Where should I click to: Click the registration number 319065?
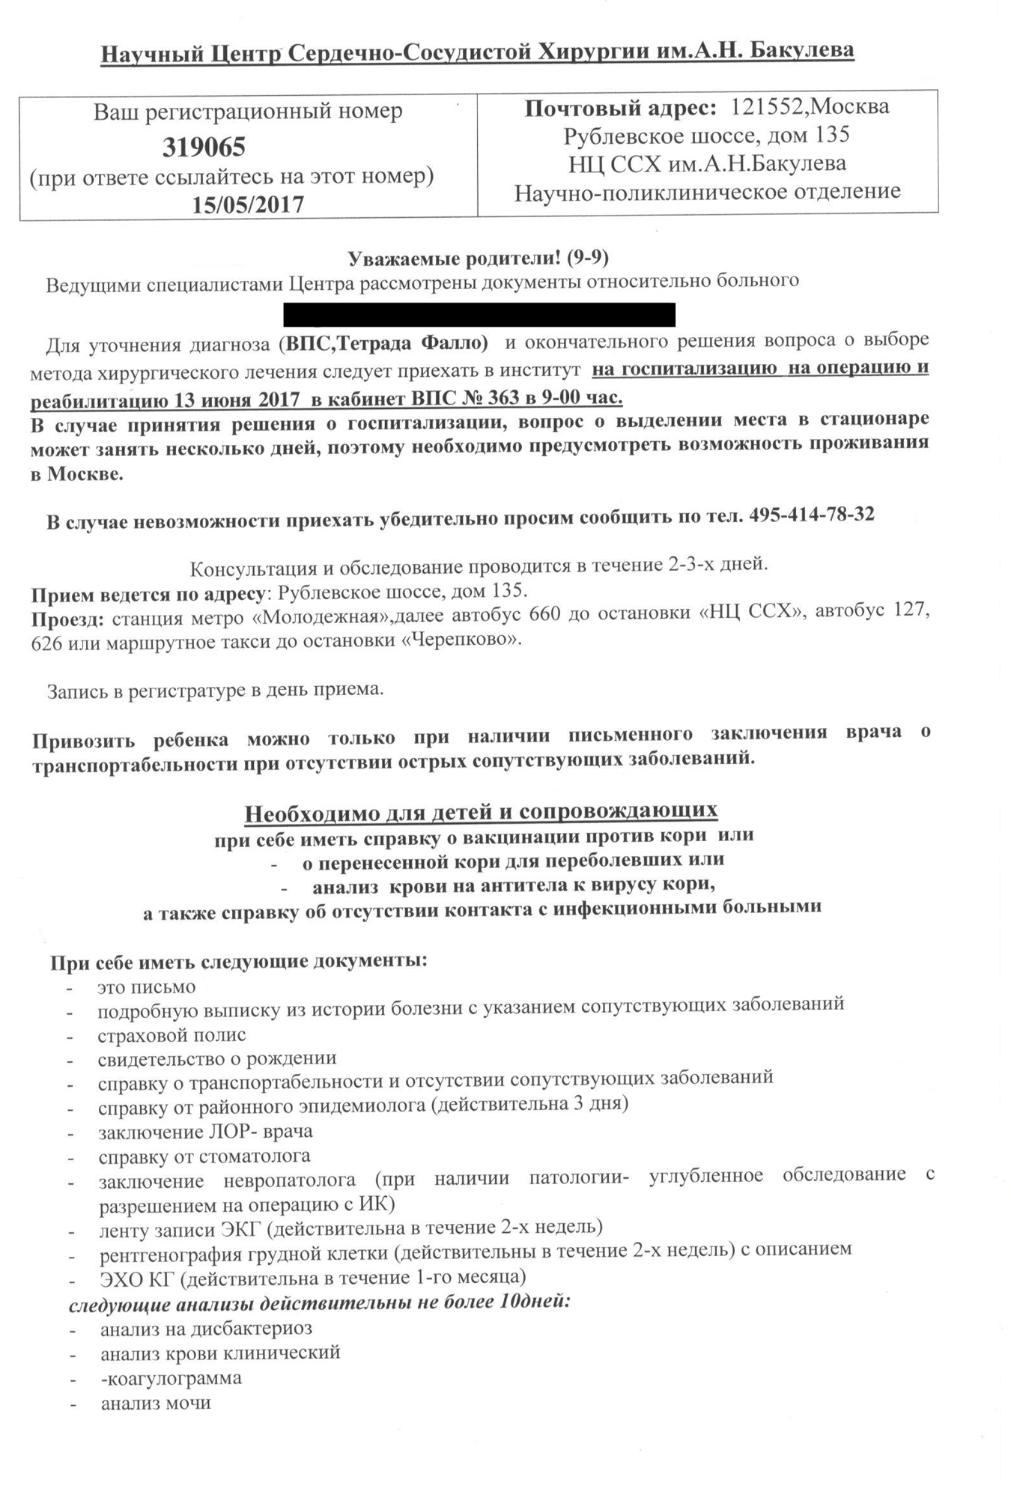[x=204, y=147]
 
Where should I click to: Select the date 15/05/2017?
[x=248, y=204]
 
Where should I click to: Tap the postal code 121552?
[x=766, y=107]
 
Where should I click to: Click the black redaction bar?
[x=479, y=315]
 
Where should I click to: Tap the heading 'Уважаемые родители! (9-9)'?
[x=479, y=258]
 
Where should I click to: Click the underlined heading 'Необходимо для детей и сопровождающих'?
[x=482, y=811]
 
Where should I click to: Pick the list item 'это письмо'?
[x=146, y=986]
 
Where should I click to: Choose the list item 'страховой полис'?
[x=171, y=1034]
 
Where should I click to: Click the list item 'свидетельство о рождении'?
[x=216, y=1058]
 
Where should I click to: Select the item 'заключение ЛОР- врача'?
[x=205, y=1130]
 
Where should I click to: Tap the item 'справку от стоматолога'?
[x=204, y=1156]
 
